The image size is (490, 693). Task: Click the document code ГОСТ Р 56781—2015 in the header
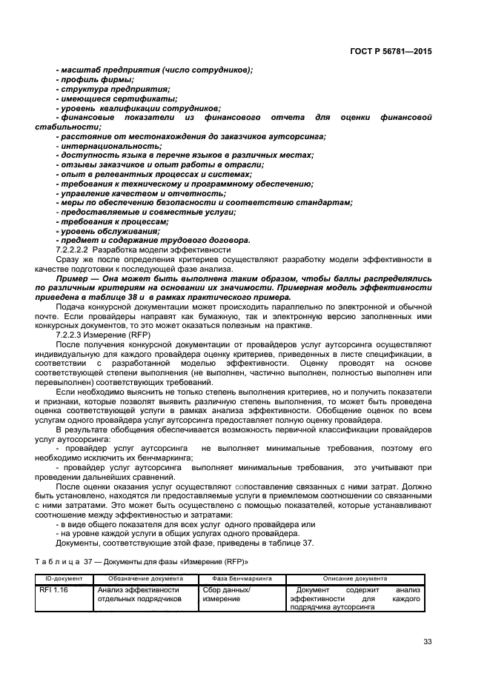click(x=391, y=52)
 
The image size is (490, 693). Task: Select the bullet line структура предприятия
click(x=105, y=89)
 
